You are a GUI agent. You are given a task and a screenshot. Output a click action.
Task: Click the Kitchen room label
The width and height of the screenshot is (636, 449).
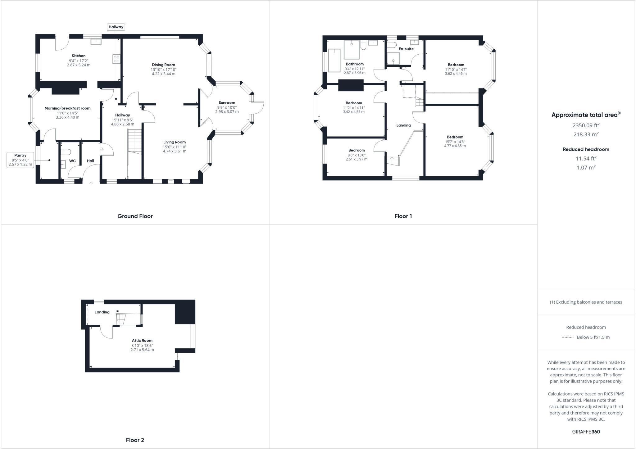[x=79, y=56]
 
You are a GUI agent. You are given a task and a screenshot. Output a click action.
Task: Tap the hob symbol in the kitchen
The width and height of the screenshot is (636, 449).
[x=116, y=59]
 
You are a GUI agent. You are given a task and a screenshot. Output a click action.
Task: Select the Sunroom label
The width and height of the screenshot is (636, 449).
[x=227, y=103]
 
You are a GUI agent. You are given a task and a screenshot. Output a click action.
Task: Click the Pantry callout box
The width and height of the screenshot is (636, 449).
[x=20, y=160]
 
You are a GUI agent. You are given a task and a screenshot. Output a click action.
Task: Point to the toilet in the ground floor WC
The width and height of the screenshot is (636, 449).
[x=66, y=152]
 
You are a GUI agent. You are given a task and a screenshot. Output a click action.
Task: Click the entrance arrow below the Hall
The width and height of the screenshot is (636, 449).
[x=91, y=183]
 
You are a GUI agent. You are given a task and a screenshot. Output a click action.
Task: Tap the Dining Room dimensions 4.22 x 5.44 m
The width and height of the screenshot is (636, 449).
[x=163, y=74]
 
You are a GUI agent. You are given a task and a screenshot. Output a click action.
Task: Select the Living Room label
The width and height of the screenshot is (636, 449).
[x=175, y=142]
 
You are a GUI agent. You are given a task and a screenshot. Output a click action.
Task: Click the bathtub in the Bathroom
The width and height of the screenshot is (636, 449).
[x=334, y=60]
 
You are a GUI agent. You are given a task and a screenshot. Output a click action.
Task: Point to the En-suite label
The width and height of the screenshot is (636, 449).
[x=406, y=49]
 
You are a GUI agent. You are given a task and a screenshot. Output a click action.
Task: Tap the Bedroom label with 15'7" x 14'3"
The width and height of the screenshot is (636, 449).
[x=455, y=137]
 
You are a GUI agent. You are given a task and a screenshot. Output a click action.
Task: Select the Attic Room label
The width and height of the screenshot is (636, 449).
[x=142, y=341]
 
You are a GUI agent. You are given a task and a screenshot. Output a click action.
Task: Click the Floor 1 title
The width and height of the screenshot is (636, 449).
[x=403, y=216]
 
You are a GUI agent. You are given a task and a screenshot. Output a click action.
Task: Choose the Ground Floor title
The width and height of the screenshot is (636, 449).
[x=135, y=216]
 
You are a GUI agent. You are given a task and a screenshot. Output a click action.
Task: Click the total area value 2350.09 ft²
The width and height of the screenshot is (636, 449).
[x=586, y=125]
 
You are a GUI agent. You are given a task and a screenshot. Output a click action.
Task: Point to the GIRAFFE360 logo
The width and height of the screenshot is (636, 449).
[x=586, y=432]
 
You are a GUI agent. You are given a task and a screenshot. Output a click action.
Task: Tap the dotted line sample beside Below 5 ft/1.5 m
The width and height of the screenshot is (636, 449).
[x=568, y=337]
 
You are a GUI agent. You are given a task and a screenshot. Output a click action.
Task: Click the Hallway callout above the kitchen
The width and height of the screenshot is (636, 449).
[x=116, y=27]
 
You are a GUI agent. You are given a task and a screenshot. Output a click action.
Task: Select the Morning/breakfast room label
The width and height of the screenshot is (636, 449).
[x=67, y=108]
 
